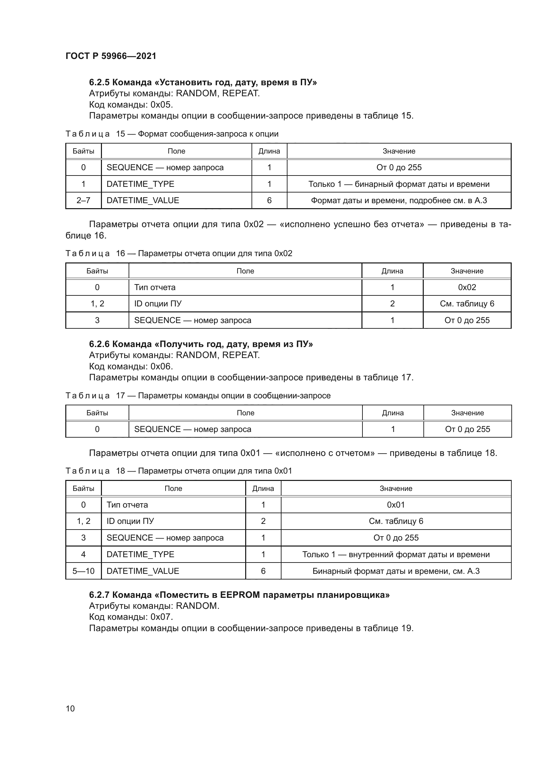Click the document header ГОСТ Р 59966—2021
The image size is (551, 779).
(111, 56)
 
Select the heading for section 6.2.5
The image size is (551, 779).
(203, 83)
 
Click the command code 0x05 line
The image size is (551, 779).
(131, 105)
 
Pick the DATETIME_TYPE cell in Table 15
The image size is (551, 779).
(140, 184)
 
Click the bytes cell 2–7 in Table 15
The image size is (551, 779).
(84, 200)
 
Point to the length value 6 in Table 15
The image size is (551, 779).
(269, 200)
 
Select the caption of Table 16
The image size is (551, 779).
(179, 253)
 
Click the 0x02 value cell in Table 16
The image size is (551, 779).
(467, 287)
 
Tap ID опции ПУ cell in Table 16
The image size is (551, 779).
(158, 304)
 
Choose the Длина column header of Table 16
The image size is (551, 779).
(392, 271)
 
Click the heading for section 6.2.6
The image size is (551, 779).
(201, 344)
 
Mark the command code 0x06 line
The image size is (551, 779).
(131, 366)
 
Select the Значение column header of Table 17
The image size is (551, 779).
(467, 413)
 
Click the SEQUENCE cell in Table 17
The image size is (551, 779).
(192, 429)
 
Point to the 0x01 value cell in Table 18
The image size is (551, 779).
(396, 505)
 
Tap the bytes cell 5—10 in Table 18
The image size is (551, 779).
(84, 571)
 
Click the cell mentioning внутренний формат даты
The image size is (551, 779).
(396, 555)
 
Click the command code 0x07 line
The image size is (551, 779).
(131, 617)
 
